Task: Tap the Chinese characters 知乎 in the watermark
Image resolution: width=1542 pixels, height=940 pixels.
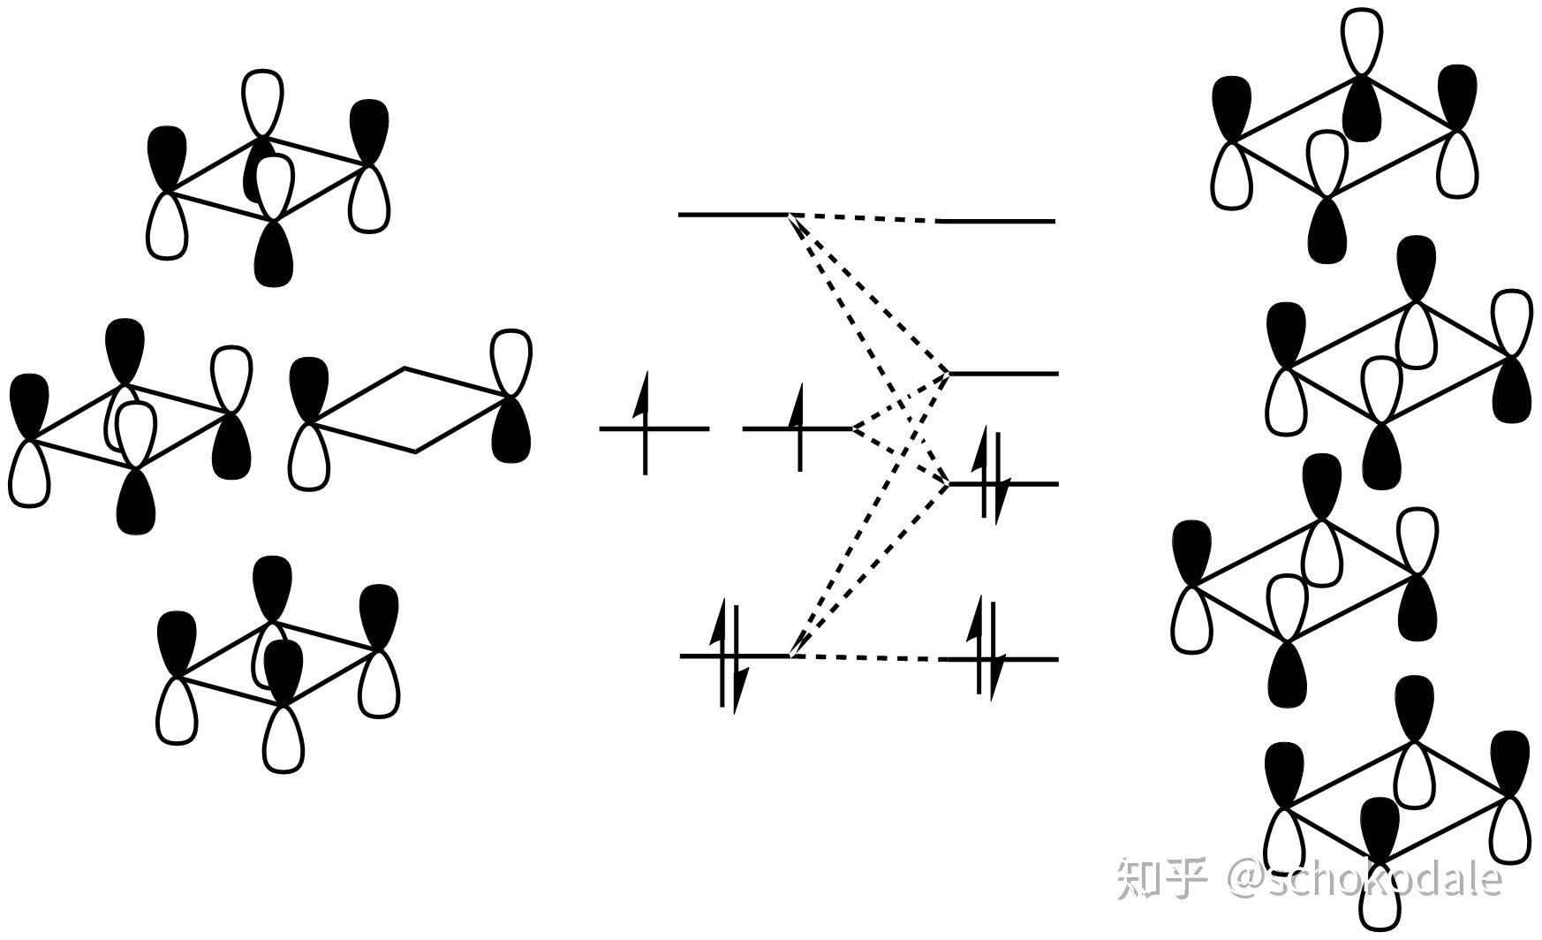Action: (x=1161, y=879)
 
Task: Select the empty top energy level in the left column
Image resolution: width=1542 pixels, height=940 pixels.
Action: (x=732, y=215)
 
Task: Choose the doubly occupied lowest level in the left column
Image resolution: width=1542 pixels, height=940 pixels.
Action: (x=733, y=656)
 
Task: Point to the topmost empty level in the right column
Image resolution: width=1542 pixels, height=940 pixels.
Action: (x=998, y=221)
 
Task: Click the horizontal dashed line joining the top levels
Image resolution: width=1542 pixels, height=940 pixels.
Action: (x=862, y=217)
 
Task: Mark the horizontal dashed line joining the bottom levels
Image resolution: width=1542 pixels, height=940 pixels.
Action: (x=865, y=657)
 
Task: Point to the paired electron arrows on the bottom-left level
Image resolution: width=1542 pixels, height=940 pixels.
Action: (x=733, y=656)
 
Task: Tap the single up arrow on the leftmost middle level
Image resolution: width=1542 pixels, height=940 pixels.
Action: (x=645, y=424)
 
